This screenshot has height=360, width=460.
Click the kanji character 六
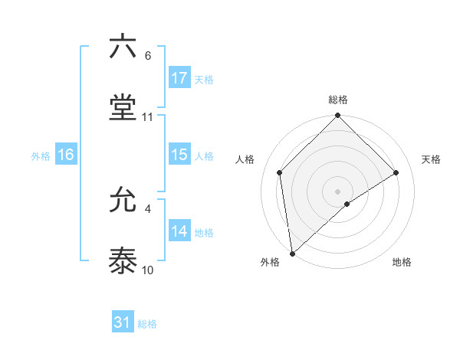[x=123, y=47]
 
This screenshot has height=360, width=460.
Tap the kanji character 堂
[x=123, y=107]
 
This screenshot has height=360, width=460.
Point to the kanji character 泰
[x=123, y=261]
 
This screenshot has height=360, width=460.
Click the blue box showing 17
[x=179, y=78]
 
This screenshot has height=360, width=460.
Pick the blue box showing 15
[x=179, y=155]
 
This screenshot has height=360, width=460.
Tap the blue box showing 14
[x=179, y=231]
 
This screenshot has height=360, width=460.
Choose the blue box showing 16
[x=66, y=155]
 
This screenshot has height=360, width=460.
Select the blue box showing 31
[x=123, y=322]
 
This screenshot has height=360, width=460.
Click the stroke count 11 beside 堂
[x=148, y=117]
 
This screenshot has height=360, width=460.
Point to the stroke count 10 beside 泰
[x=148, y=270]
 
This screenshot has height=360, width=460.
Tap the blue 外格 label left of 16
[x=41, y=155]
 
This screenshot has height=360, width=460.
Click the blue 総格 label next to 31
[x=147, y=323]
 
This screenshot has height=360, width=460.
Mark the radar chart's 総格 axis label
[x=338, y=100]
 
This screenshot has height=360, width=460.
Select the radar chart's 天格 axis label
[x=432, y=159]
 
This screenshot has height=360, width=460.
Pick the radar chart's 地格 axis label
[x=402, y=262]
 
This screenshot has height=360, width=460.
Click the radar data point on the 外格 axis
[x=291, y=254]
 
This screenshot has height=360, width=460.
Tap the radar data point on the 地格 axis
[x=347, y=204]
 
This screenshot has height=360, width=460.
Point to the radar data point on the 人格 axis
[x=280, y=172]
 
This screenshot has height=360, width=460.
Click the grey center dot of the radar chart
[x=338, y=191]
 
